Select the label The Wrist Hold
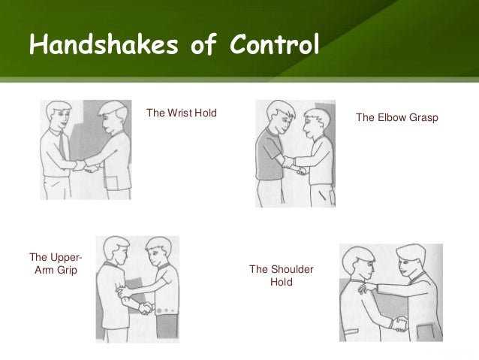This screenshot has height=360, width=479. pos(181,113)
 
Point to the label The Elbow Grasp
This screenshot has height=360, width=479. pos(396,118)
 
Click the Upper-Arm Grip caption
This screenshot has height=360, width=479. pos(56,265)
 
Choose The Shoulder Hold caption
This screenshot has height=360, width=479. pos(281,275)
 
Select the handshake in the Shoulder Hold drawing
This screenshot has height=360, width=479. pos(399,324)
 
